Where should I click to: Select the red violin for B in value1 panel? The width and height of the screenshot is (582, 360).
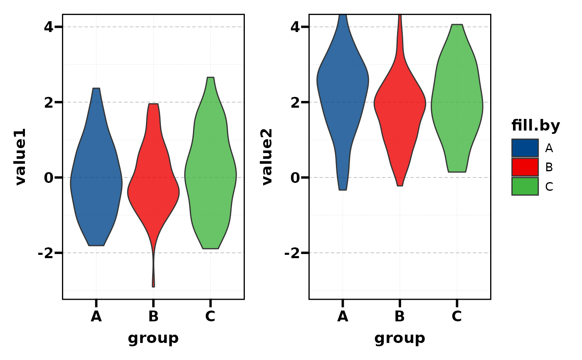153,187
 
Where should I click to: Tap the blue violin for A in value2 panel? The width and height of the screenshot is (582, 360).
343,83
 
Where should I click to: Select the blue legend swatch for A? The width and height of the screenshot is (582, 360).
525,148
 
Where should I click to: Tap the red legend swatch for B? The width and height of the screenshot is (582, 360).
525,167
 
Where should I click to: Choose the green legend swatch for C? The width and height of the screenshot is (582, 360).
525,186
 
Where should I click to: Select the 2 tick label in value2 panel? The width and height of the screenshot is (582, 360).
294,102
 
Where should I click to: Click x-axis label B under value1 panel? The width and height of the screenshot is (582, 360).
153,317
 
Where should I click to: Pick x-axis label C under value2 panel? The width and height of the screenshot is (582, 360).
457,317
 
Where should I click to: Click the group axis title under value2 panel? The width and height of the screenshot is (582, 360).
400,338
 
